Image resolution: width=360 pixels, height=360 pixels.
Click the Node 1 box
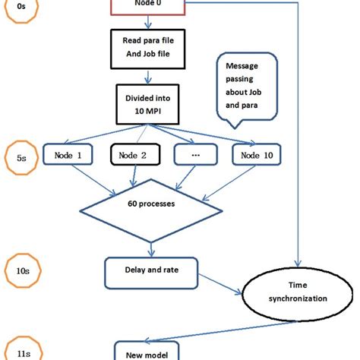[x=74, y=156]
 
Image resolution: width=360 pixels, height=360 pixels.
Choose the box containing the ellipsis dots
[x=196, y=156]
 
